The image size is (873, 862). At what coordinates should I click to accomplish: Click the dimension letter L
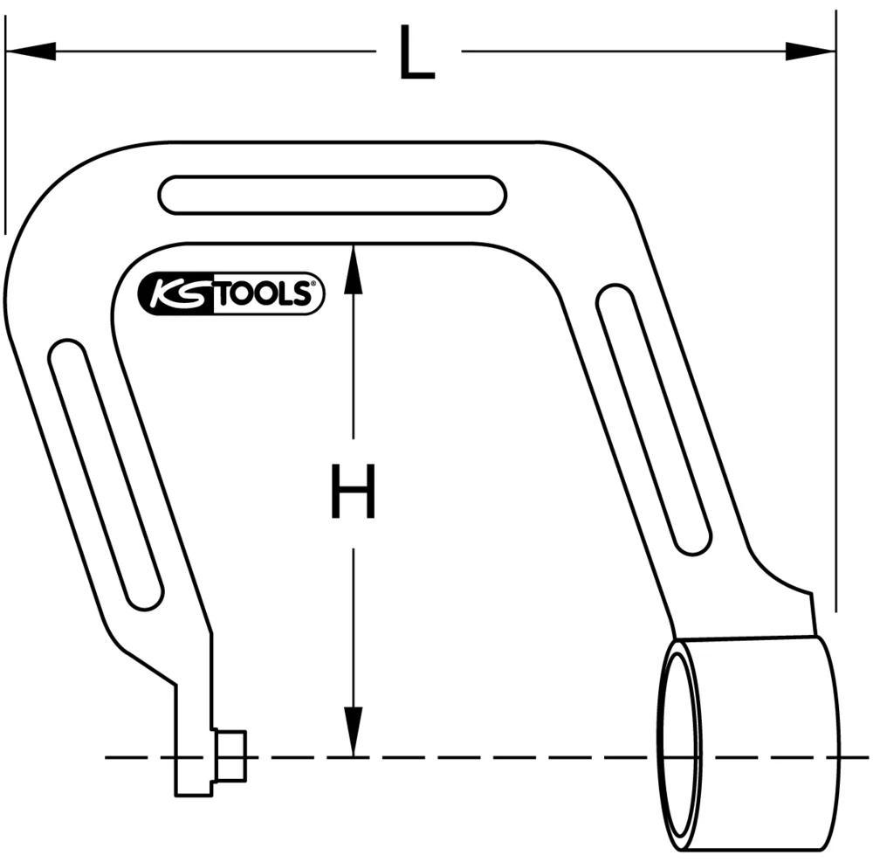[x=417, y=53]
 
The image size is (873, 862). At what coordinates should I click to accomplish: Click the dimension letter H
[x=353, y=492]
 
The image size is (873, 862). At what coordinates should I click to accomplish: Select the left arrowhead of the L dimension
[x=31, y=52]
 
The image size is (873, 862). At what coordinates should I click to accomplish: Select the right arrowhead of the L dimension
[x=811, y=52]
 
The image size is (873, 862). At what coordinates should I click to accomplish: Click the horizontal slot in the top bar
[x=333, y=194]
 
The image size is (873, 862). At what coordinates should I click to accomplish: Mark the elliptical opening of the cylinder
[x=679, y=746]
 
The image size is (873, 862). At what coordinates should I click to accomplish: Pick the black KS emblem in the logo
[x=177, y=293]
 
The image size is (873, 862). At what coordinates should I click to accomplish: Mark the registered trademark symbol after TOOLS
[x=316, y=284]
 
